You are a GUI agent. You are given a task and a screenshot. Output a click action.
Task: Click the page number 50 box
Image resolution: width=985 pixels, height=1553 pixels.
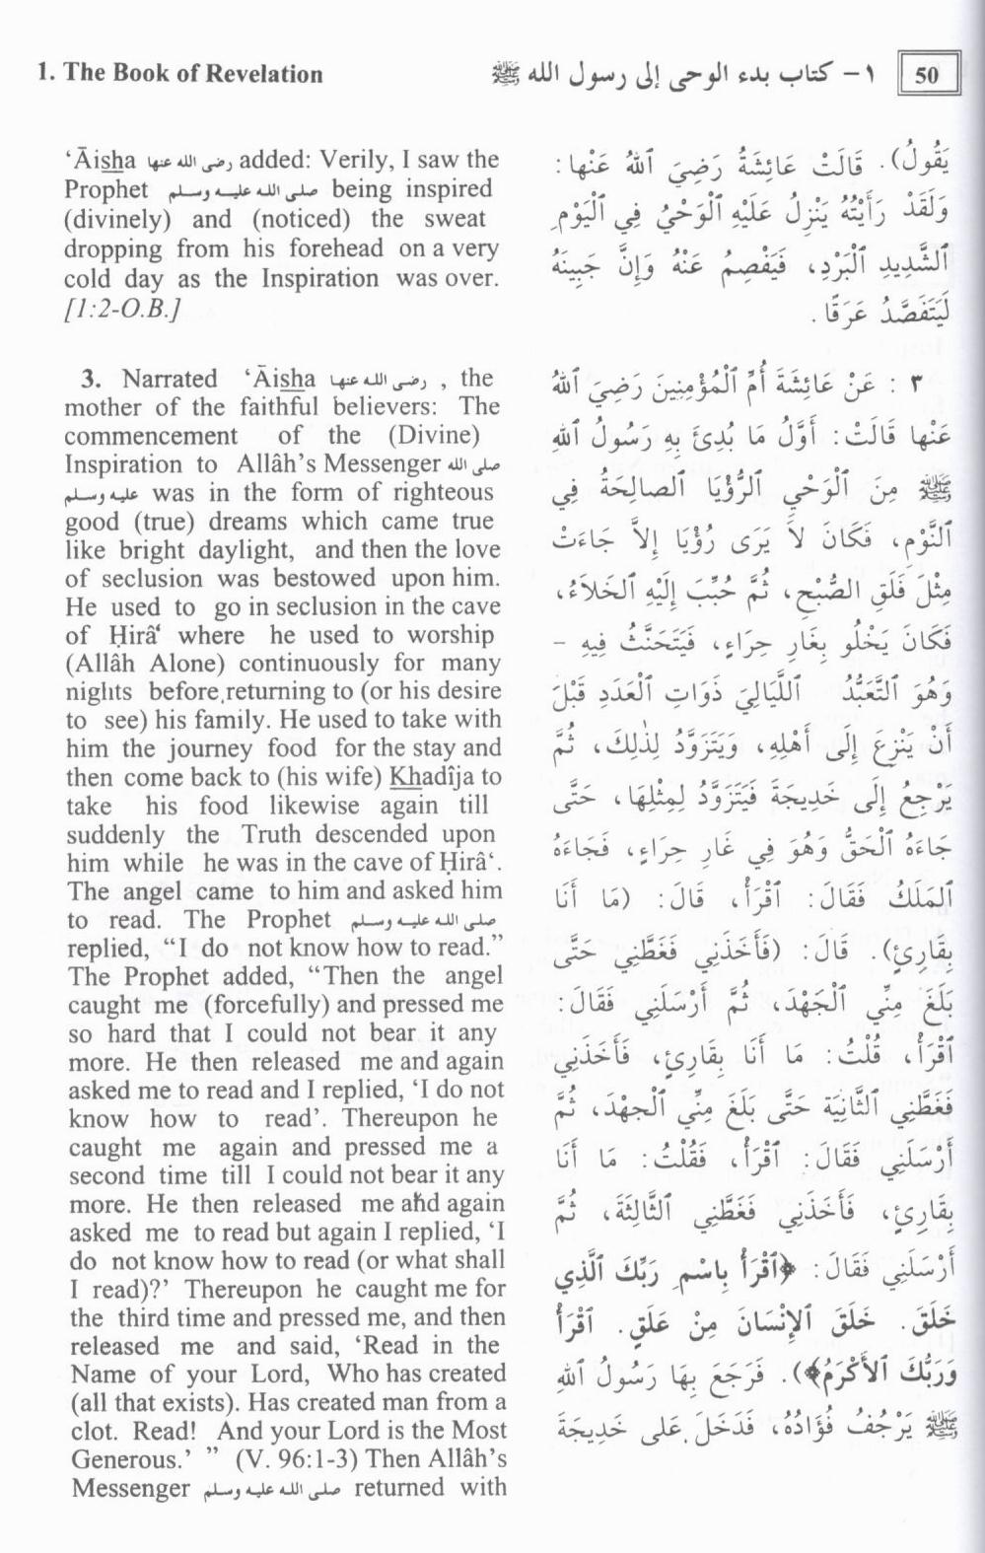928,75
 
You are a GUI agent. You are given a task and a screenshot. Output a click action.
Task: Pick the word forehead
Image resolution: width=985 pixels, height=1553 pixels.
335,248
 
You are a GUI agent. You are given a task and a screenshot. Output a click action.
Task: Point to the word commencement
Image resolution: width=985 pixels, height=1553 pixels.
151,436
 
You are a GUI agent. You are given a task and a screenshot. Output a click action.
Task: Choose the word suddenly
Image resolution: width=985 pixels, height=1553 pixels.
116,834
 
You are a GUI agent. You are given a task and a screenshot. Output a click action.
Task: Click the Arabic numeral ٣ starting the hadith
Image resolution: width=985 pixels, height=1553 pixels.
916,386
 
